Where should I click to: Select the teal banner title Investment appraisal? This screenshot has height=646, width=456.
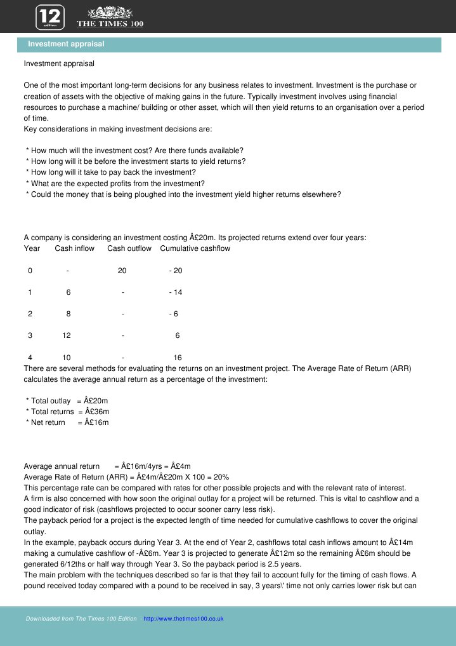point(66,44)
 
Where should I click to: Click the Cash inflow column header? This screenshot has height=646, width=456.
point(74,248)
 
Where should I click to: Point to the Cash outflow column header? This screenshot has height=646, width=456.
point(129,248)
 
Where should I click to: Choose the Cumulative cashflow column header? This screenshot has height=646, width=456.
point(195,248)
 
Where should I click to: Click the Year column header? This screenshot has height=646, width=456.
point(32,248)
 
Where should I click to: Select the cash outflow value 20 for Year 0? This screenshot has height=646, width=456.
point(122,271)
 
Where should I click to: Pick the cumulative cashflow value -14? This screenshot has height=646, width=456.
point(176,292)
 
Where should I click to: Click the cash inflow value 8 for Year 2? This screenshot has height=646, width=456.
point(68,314)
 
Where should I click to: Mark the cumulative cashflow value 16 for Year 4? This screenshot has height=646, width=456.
point(178,358)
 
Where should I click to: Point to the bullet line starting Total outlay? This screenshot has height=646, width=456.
point(67,401)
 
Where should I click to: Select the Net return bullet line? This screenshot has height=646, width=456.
point(67,422)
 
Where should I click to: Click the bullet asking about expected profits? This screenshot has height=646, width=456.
point(115,183)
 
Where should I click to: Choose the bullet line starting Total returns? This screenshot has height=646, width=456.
point(67,412)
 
